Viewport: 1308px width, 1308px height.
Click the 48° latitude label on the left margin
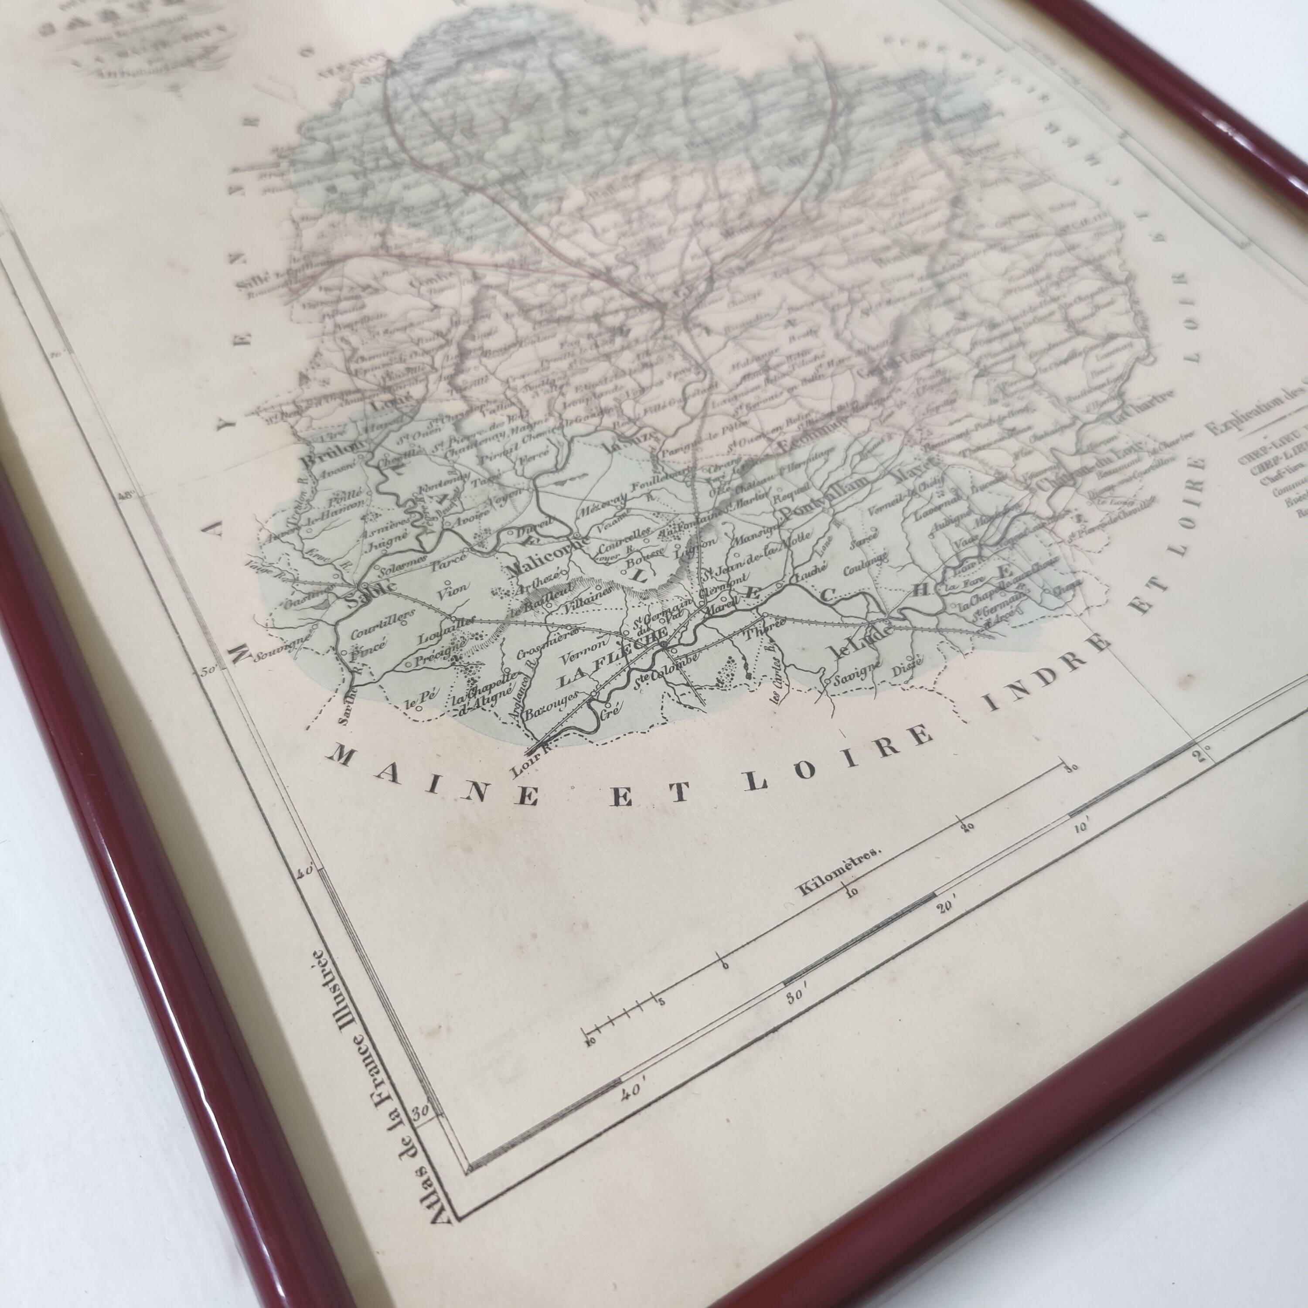127,499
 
